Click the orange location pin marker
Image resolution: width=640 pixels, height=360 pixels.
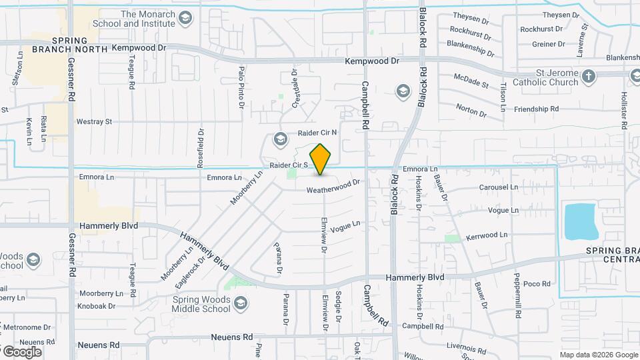pos(321,159)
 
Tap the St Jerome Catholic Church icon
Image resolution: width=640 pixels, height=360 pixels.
pos(588,77)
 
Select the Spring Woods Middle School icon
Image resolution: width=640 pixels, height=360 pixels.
pos(241,304)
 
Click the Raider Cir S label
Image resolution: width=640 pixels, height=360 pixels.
pos(288,165)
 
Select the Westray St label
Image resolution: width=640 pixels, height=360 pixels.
pos(94,122)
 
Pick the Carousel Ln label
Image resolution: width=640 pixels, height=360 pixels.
pos(498,187)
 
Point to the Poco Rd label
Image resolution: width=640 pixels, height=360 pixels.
pos(537,283)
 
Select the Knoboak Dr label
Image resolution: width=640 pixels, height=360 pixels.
pos(96,307)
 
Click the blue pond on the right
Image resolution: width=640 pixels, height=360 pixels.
pos(581,221)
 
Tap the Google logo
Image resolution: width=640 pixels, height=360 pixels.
pos(21,351)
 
